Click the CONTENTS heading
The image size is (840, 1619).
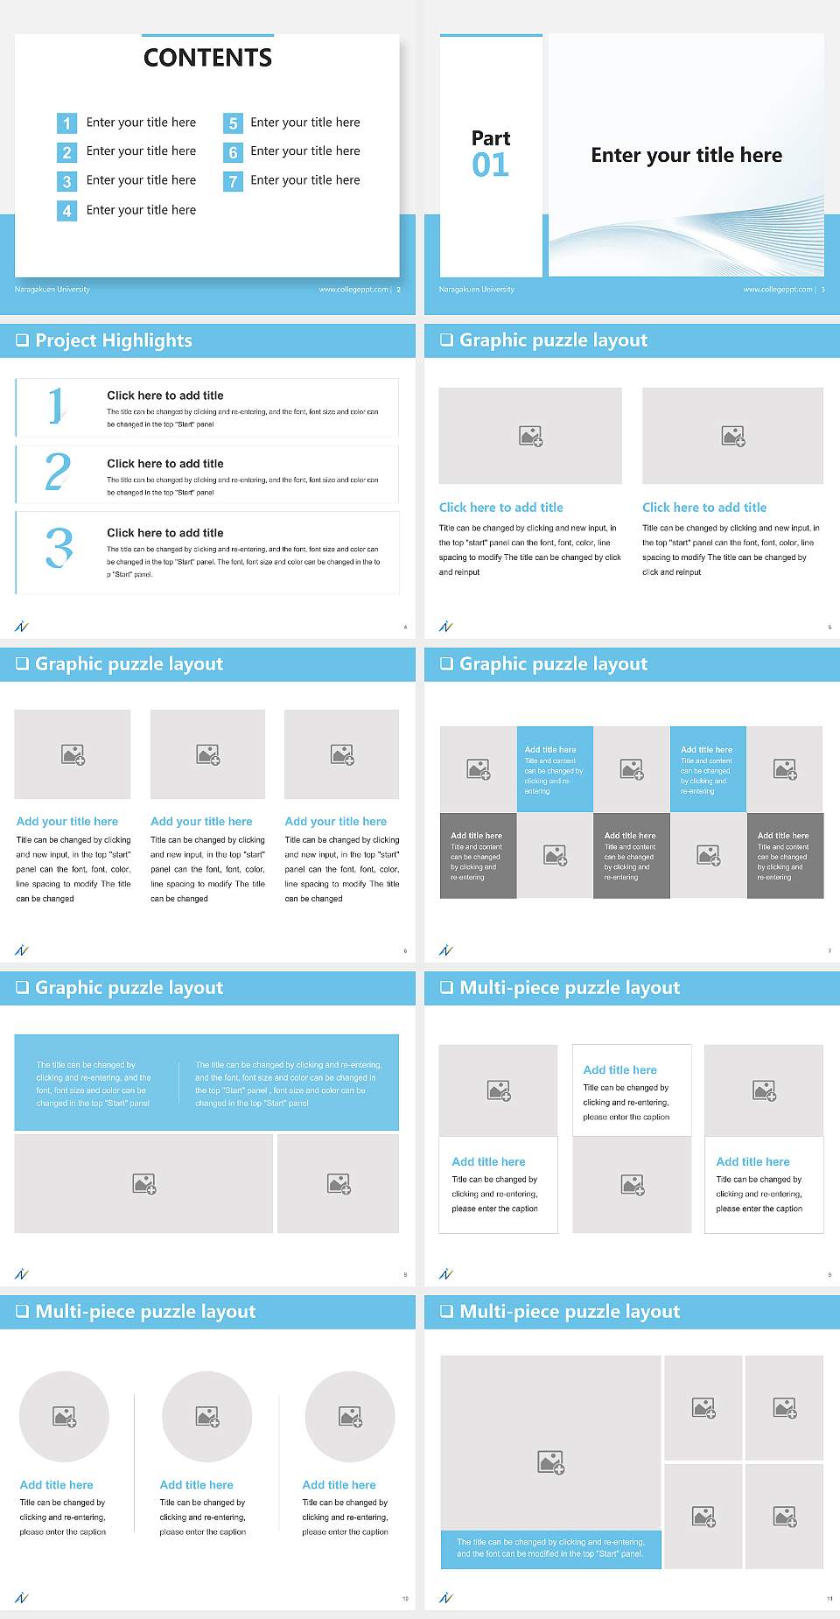(x=207, y=58)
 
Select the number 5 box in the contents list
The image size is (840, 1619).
(x=233, y=123)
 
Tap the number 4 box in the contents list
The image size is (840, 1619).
(x=66, y=211)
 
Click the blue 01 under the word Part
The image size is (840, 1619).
(x=490, y=165)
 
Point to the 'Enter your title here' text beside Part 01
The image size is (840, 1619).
(x=686, y=156)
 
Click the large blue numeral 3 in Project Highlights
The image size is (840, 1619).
(x=59, y=548)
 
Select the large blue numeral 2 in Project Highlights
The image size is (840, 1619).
(x=58, y=472)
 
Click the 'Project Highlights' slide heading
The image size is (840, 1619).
(x=113, y=340)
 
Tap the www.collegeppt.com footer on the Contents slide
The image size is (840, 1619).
(x=353, y=290)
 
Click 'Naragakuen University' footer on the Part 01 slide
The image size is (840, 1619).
(x=477, y=290)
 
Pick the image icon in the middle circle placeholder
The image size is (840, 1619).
(x=207, y=1416)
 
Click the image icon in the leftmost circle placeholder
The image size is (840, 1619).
(x=65, y=1416)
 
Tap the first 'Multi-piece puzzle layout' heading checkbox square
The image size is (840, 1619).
(x=447, y=988)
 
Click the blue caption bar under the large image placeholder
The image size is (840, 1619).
(x=550, y=1548)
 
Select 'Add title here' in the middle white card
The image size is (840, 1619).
(x=619, y=1069)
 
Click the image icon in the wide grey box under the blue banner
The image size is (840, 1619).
(x=144, y=1184)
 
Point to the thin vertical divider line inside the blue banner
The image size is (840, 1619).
(x=179, y=1083)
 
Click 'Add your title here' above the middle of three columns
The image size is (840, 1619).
(x=201, y=822)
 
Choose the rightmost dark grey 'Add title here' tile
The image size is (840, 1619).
(x=785, y=854)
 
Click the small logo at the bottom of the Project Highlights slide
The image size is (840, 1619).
(x=22, y=626)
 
